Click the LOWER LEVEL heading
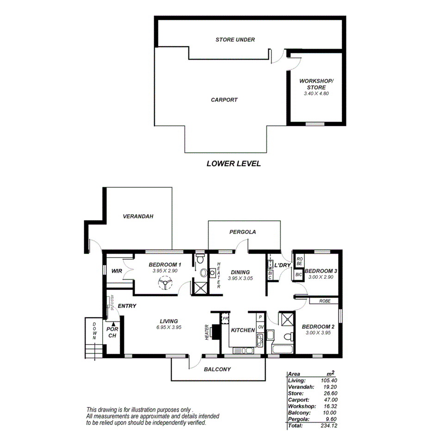233,163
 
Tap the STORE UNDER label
235,40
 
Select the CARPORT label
224,100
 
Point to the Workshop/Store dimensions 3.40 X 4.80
316,93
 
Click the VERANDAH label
138,216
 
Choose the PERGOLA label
242,232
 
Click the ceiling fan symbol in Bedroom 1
164,283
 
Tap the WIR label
117,271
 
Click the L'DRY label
282,265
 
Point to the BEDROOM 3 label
320,271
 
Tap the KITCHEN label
243,330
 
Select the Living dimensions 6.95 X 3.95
169,327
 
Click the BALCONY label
217,369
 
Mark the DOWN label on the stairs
94,331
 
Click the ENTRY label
127,306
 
